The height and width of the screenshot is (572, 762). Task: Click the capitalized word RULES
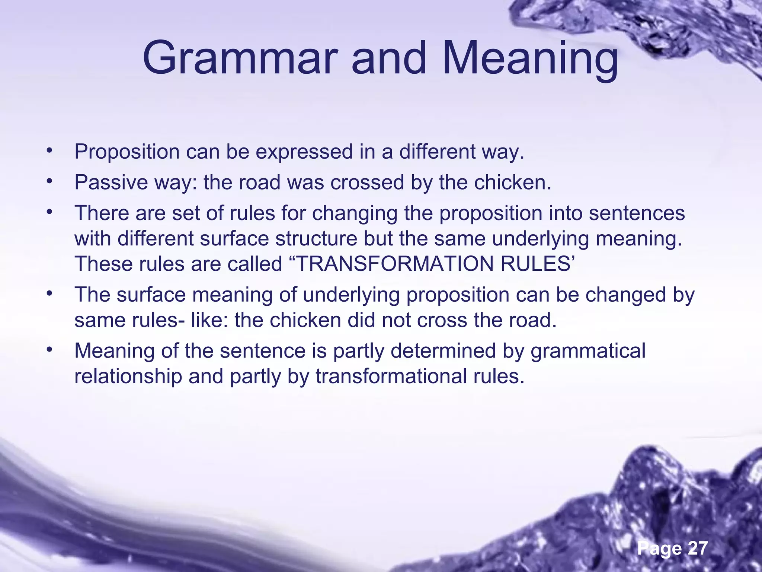tap(535, 264)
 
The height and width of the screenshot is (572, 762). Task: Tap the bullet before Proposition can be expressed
tap(48, 151)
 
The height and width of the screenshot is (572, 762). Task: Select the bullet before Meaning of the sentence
tap(48, 350)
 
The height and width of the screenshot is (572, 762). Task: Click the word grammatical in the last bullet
tap(588, 351)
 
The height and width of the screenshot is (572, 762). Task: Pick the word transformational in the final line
tap(387, 376)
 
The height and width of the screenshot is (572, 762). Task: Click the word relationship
tap(128, 376)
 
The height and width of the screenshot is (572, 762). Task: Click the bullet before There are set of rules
tap(48, 212)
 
